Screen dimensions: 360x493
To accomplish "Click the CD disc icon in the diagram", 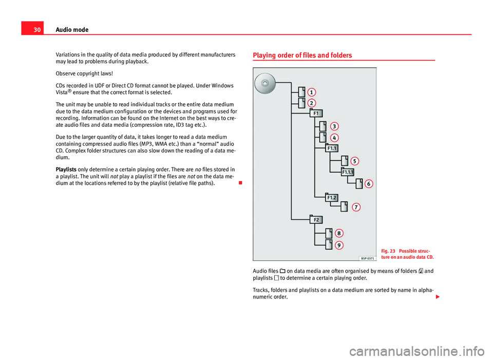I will [x=265, y=83].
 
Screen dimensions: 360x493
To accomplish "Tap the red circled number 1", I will [x=312, y=92].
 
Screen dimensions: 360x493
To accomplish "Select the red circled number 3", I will [x=334, y=126].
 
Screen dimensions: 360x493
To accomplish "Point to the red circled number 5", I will [x=355, y=161].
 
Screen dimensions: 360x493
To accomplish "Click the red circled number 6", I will [x=369, y=183].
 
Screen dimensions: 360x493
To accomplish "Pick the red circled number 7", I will [x=356, y=207].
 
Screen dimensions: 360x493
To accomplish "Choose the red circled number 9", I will [x=339, y=245].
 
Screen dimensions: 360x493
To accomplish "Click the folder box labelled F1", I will [x=316, y=113].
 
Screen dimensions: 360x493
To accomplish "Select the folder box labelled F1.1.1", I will [x=348, y=172].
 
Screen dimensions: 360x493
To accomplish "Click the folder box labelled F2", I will [x=316, y=220].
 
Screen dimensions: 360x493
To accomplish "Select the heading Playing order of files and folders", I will [x=302, y=55].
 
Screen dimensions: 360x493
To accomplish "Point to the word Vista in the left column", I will [x=63, y=93].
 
